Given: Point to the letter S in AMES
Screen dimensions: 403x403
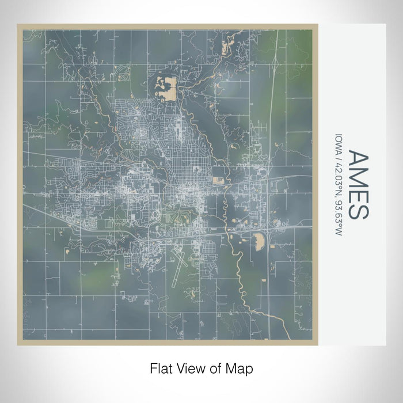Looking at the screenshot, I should click(357, 211).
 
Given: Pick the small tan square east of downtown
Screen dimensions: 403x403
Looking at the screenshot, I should click(218, 181).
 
